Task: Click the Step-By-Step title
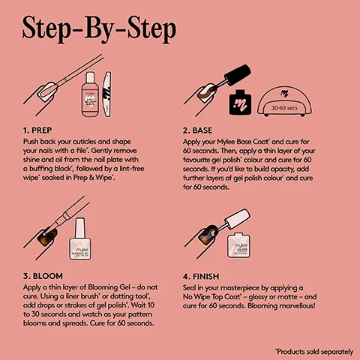(100, 29)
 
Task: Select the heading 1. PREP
(39, 129)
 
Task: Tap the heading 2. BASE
(202, 129)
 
